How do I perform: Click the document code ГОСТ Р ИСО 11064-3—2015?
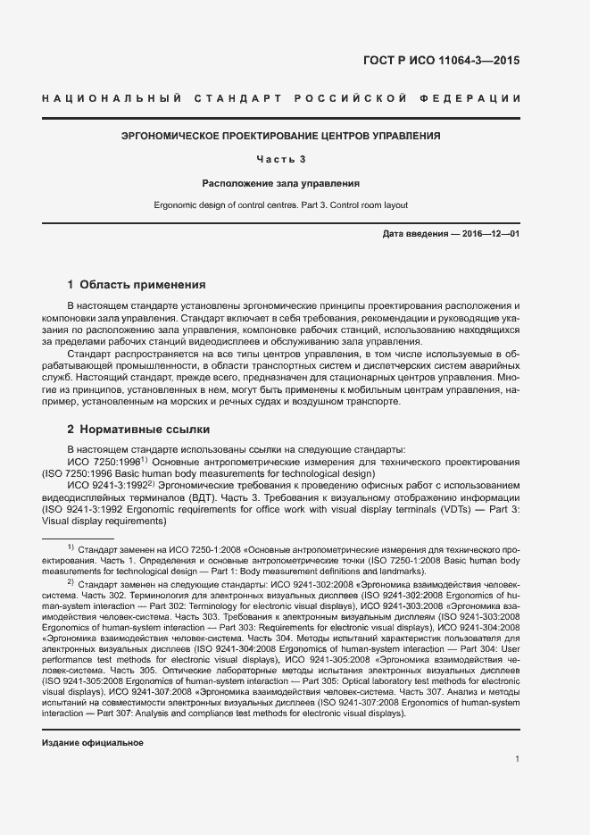441,62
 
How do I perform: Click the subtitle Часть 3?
281,160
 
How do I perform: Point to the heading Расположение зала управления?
281,184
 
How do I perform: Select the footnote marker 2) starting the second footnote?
71,581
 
